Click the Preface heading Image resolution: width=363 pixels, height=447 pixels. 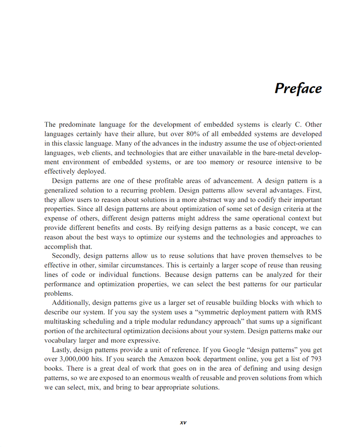(x=298, y=89)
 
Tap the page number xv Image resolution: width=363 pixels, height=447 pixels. (x=183, y=422)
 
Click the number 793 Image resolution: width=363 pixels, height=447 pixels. (x=316, y=359)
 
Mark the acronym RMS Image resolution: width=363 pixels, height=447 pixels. (x=314, y=312)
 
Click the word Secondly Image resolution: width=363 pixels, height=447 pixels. (x=66, y=256)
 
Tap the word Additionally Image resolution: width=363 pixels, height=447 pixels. (x=71, y=303)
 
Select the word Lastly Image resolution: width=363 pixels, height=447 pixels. (x=61, y=350)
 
